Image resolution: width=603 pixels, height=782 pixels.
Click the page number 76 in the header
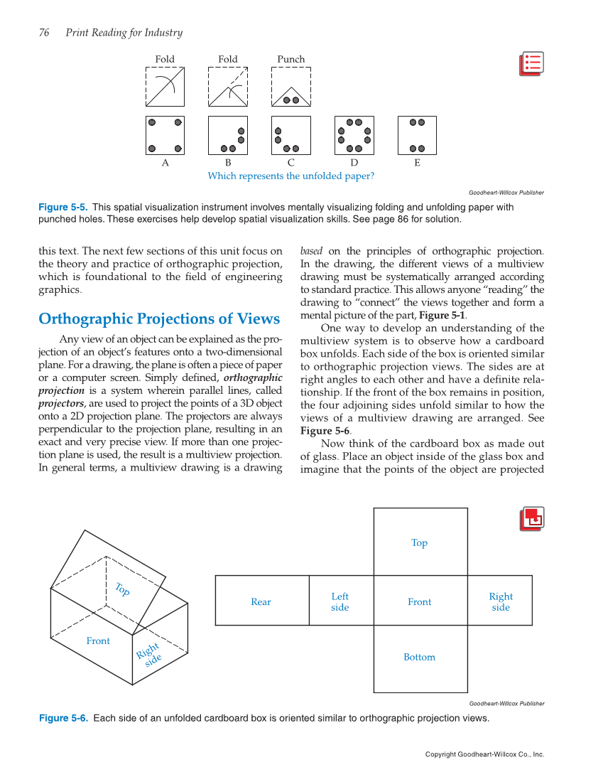[44, 33]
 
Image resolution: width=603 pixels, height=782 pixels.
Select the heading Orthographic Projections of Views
[159, 318]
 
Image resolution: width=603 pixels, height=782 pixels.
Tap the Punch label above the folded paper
[291, 59]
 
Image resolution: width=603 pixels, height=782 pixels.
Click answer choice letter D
[354, 163]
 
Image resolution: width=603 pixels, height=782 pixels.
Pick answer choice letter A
[165, 163]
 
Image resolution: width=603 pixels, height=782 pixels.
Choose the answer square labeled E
[417, 135]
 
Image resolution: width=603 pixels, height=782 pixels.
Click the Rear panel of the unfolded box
[261, 601]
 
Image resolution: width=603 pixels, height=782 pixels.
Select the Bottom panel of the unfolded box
[420, 658]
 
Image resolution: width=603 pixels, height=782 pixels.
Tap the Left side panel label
[340, 601]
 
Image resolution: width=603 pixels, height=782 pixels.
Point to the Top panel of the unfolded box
[420, 542]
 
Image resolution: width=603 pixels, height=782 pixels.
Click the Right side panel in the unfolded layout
[501, 601]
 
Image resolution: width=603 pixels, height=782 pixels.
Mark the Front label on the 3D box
[98, 641]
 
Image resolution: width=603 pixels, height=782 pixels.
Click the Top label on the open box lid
[122, 589]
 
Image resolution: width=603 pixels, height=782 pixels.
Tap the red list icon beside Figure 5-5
[531, 64]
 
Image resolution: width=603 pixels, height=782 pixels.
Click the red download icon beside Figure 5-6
[532, 519]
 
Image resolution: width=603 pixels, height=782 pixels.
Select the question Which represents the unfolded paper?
[290, 176]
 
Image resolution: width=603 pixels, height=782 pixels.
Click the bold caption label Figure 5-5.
[63, 208]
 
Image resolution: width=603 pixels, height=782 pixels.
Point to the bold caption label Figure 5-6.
[63, 718]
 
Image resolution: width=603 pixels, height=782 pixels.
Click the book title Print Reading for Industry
[124, 33]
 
